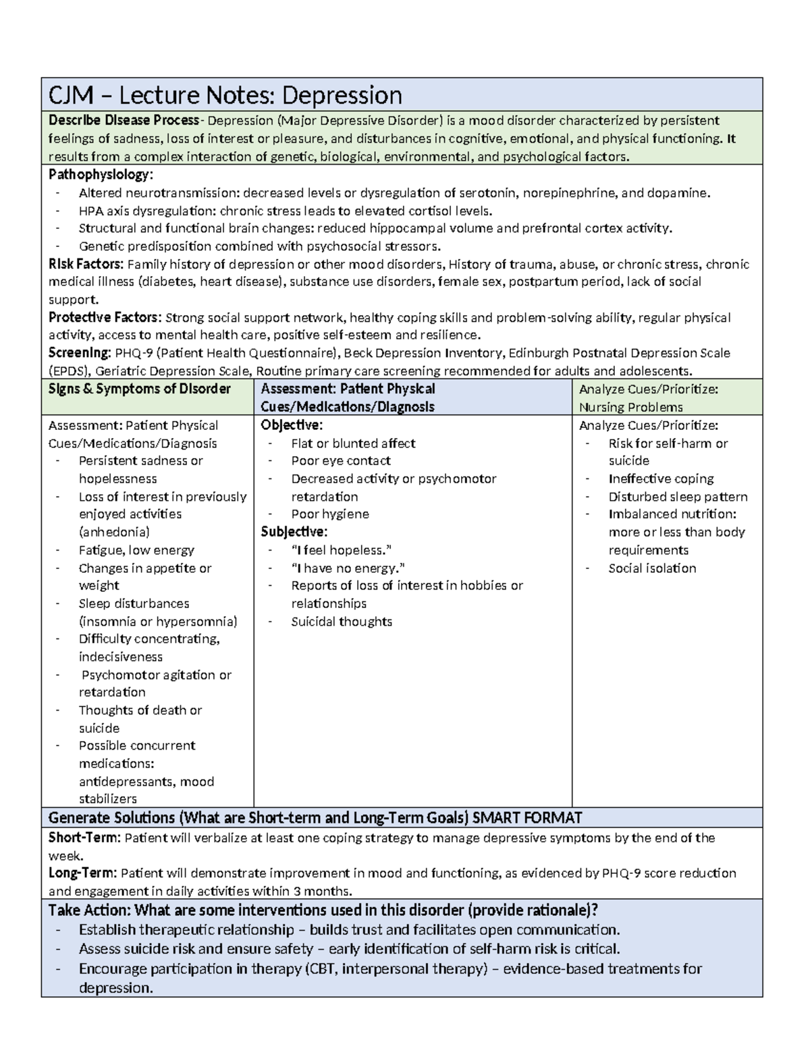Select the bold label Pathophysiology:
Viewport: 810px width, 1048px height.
tap(101, 175)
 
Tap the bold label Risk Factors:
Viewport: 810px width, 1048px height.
tap(86, 264)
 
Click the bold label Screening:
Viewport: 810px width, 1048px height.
tap(80, 353)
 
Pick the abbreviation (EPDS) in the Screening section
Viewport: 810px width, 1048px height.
tap(70, 370)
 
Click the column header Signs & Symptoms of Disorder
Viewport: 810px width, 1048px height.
tap(140, 389)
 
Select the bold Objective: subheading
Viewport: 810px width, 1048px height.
tap(292, 425)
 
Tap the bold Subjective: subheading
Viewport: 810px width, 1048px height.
tap(294, 532)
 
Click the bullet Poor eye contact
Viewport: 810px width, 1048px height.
tap(340, 461)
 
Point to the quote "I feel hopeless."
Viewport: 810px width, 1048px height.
tap(341, 550)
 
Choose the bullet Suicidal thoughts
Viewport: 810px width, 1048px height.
tap(341, 622)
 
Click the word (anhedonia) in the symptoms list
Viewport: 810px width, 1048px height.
tap(114, 532)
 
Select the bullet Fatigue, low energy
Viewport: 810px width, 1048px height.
tap(136, 550)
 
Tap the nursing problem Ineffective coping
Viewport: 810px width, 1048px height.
tap(661, 478)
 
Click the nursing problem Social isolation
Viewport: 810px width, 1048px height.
tap(652, 568)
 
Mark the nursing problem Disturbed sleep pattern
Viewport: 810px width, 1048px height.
tap(678, 497)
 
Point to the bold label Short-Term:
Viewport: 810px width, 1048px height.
tap(84, 838)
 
